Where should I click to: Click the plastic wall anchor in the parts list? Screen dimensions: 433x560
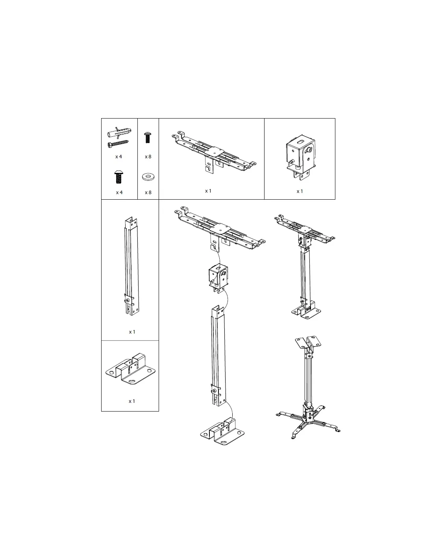119,132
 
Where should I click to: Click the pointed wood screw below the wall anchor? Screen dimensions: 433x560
118,144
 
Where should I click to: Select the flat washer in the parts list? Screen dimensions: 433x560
148,176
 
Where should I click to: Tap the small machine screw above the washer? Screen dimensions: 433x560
147,137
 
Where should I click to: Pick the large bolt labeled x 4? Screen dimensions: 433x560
118,176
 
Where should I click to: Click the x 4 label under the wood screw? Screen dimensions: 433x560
118,156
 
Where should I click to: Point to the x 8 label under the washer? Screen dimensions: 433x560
148,192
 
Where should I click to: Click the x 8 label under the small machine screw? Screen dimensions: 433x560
148,156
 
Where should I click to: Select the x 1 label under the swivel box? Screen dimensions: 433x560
300,191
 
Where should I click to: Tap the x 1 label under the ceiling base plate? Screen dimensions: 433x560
131,401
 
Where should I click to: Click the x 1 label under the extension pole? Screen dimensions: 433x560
132,332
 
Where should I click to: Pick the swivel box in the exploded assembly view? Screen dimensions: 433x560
218,278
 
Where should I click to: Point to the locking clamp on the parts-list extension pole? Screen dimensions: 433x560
129,300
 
